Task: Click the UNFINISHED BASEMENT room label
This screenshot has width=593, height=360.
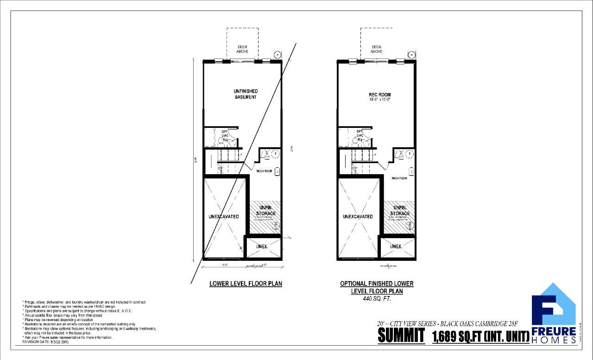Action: click(x=245, y=94)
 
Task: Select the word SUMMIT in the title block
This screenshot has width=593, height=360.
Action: click(x=401, y=336)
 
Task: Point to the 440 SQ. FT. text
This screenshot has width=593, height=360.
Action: click(x=377, y=299)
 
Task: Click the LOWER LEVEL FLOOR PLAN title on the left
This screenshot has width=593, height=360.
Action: click(x=246, y=284)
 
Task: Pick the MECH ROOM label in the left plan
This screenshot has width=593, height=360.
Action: click(x=264, y=171)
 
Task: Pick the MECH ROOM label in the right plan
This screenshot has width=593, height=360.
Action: click(x=399, y=178)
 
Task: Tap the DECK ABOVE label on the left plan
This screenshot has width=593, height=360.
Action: click(x=242, y=49)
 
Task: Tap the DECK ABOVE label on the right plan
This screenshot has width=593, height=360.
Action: click(x=376, y=49)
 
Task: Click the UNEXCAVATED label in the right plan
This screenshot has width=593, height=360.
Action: click(x=358, y=216)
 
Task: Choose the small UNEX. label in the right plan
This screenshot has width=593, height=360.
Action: click(x=396, y=246)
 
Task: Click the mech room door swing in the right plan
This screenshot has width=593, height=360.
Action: click(x=384, y=164)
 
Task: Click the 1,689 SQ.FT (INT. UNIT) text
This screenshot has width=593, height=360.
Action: click(x=480, y=336)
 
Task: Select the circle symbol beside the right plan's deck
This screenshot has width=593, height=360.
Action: click(x=410, y=53)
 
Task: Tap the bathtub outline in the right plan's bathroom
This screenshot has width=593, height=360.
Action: click(x=344, y=138)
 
